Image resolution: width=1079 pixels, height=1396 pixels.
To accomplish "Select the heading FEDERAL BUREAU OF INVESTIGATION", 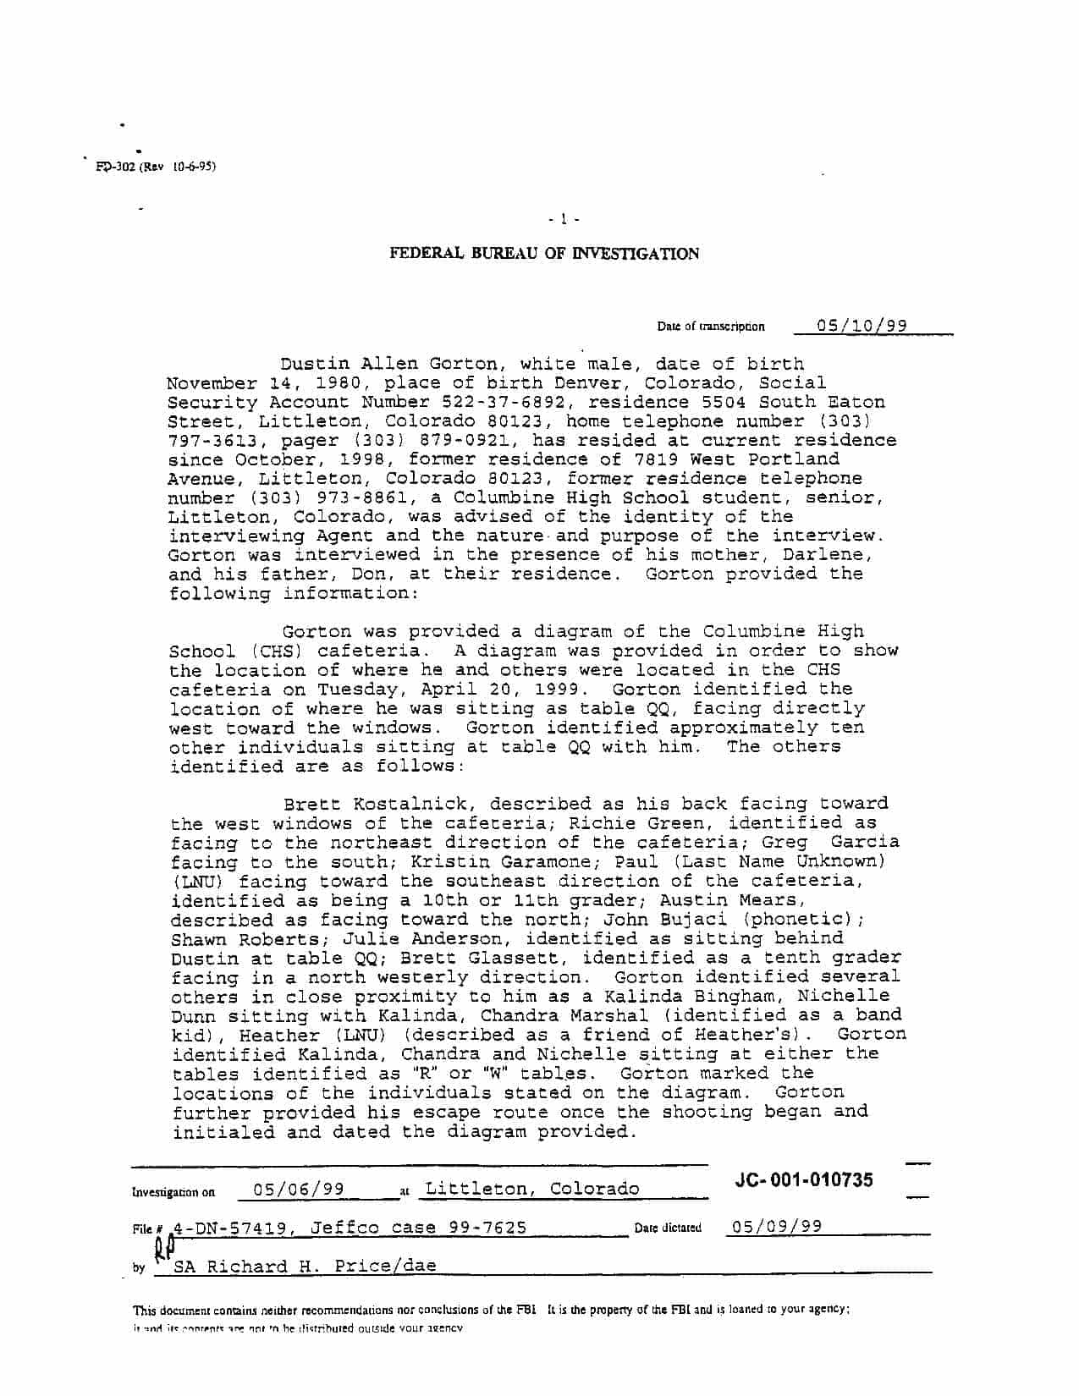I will click(544, 254).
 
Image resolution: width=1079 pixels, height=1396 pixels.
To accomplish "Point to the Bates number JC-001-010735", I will click(804, 1180).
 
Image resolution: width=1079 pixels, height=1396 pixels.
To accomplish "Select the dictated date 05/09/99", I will click(777, 1227).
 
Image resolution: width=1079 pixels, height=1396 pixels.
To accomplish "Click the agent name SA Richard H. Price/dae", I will click(305, 1267).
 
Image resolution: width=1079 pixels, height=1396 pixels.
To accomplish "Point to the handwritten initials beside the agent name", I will click(164, 1250).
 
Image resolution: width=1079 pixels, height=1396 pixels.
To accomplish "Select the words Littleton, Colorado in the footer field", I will click(531, 1189).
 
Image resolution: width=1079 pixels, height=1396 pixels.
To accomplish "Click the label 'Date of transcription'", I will click(711, 327).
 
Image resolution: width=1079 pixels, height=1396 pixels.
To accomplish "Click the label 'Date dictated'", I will click(668, 1228).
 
